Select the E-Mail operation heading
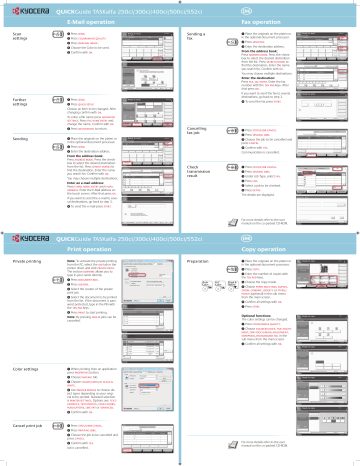click(93, 20)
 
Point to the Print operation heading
click(93, 253)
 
